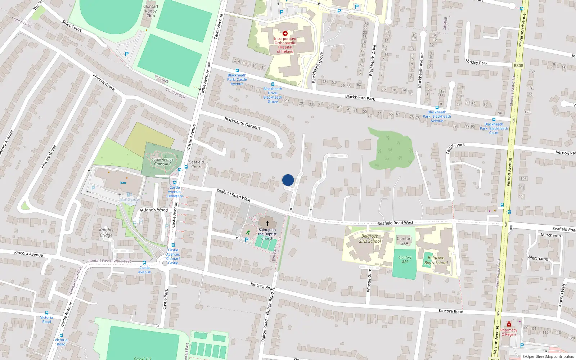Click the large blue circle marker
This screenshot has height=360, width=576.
pos(288,180)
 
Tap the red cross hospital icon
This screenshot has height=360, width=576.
pos(285,33)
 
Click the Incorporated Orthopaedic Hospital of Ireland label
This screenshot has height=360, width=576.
pos(285,45)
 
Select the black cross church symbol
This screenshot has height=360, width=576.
pos(267,223)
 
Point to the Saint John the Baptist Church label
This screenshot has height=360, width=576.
pos(267,234)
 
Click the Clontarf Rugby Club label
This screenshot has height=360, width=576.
pos(151,11)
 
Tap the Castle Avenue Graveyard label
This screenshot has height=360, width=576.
pos(162,162)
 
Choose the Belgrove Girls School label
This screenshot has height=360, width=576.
pos(370,239)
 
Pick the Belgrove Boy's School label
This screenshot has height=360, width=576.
pos(436,260)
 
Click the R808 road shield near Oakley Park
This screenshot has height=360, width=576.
pos(518,66)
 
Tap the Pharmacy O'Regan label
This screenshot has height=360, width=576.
pos(509,332)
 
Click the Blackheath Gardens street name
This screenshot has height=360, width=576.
pos(242,123)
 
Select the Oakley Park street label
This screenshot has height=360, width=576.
pos(476,62)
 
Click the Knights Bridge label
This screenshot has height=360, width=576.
pos(106,233)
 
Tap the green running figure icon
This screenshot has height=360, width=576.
pos(248,231)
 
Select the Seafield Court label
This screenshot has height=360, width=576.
pos(197,165)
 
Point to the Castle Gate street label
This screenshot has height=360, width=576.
pos(369,280)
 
